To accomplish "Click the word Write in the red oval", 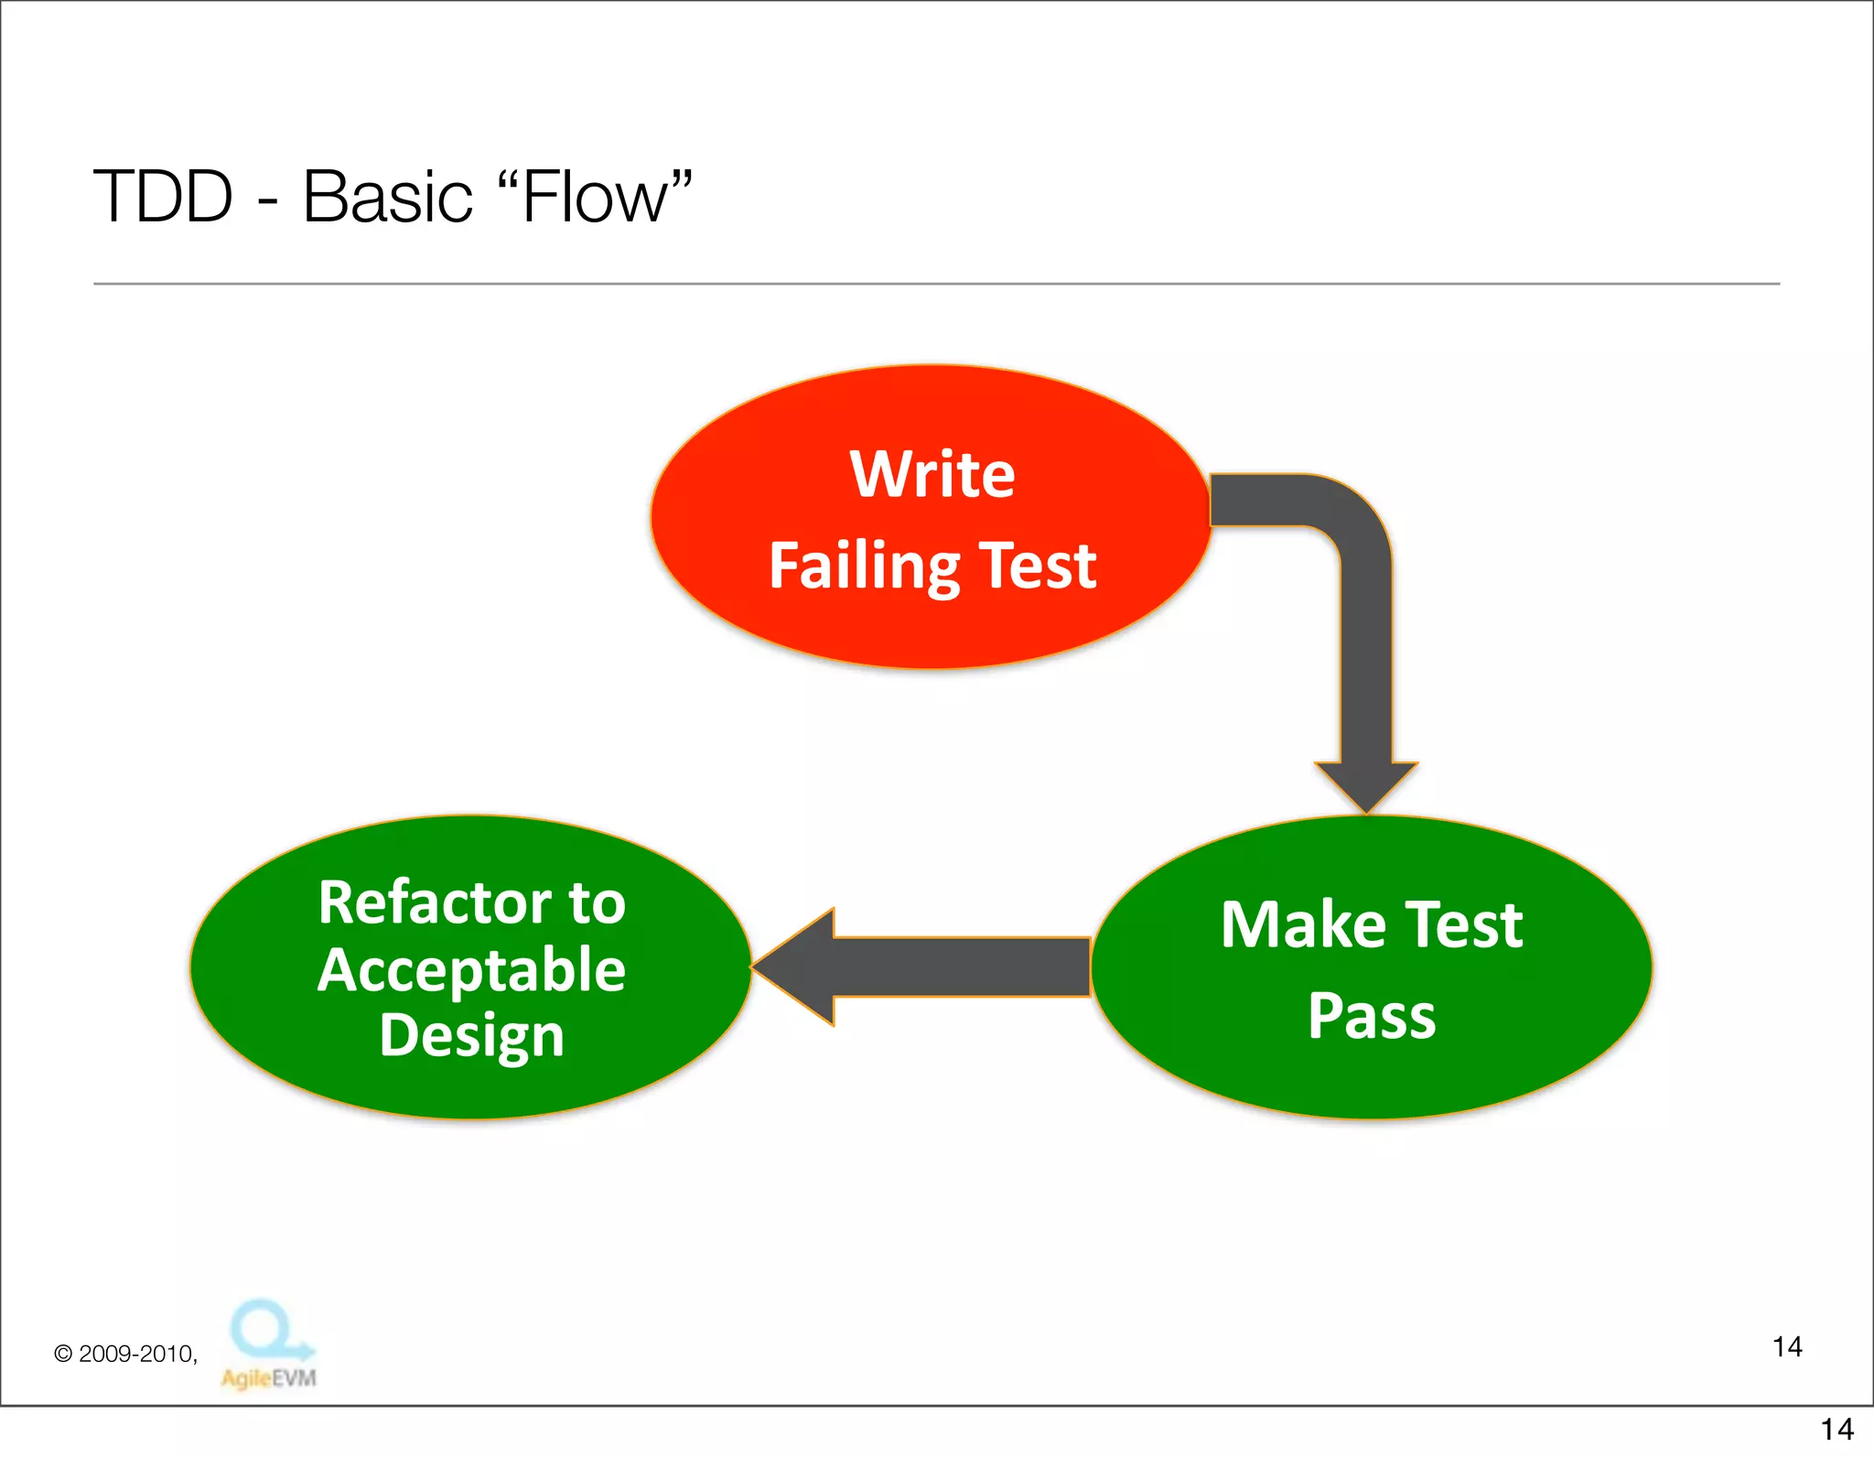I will (x=932, y=474).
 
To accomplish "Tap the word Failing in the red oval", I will (x=865, y=567).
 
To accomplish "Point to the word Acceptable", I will (x=471, y=970).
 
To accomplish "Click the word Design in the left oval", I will (x=471, y=1036).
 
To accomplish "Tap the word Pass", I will (x=1372, y=1016).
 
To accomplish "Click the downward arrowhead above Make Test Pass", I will (x=1366, y=785).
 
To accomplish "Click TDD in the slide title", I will (x=164, y=197).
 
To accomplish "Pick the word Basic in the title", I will (x=387, y=197).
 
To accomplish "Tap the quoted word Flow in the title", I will (x=595, y=197).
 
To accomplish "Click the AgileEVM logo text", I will (x=268, y=1377).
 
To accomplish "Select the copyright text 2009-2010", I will (x=136, y=1354).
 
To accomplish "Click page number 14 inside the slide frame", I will (x=1786, y=1347).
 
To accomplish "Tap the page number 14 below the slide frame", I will (x=1836, y=1430).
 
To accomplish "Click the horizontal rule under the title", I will (x=936, y=284).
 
